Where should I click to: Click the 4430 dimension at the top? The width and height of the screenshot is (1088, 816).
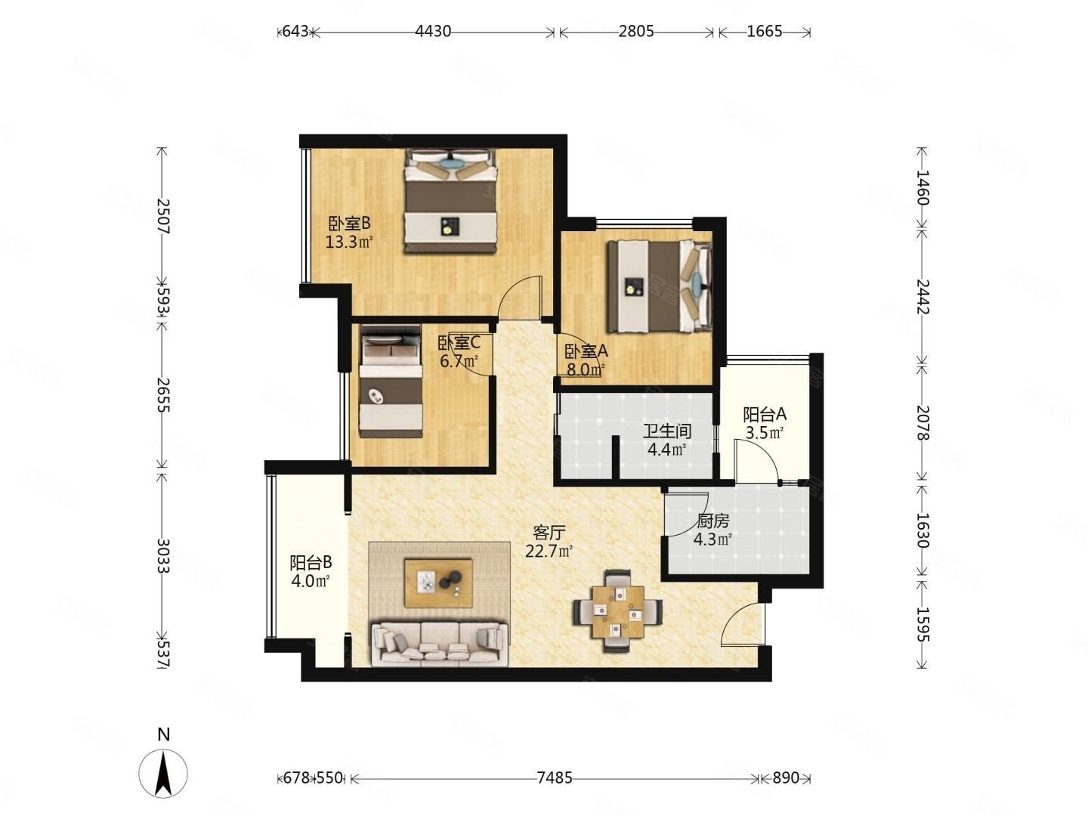(x=433, y=32)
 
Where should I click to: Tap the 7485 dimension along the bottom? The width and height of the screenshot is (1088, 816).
(x=554, y=778)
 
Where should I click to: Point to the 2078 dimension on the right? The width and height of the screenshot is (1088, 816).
(x=923, y=422)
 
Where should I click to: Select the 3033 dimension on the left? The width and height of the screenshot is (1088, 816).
(x=163, y=556)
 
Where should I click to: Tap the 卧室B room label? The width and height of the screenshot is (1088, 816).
(x=349, y=224)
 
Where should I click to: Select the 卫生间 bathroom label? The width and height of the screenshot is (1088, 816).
(x=666, y=431)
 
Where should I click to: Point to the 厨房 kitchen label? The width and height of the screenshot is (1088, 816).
(x=712, y=521)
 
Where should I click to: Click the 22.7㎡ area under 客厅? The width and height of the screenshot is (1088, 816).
(x=549, y=551)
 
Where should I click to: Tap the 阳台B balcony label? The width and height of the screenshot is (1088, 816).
(x=311, y=562)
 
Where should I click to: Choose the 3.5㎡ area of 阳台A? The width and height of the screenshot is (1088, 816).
(x=764, y=432)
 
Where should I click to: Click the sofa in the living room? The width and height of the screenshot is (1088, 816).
(x=440, y=644)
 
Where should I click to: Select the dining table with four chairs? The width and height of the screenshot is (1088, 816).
(x=617, y=611)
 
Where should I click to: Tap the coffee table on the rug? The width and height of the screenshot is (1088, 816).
(x=437, y=583)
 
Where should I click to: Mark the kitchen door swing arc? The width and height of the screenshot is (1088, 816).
(x=686, y=515)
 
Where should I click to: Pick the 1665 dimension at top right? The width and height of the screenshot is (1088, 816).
(x=764, y=32)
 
